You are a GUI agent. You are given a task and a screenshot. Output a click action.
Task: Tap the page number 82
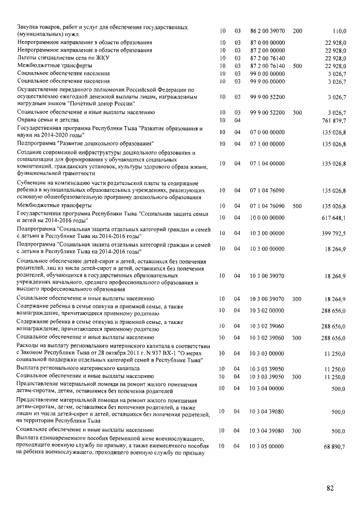330,488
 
